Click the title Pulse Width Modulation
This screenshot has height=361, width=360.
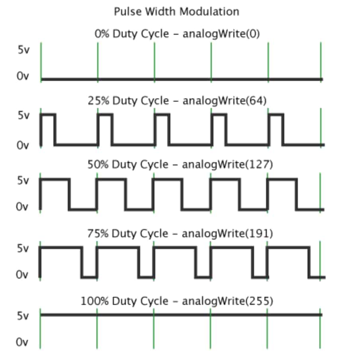coord(176,12)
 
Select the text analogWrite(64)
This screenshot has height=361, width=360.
coord(225,101)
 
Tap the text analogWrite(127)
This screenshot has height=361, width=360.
coord(227,165)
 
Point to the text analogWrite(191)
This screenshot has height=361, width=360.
coord(227,233)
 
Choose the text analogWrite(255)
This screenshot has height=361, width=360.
coord(227,301)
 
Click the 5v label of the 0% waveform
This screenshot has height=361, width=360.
coord(23,50)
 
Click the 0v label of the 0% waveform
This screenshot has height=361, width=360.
coord(23,76)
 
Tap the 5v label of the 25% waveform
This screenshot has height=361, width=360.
coord(23,115)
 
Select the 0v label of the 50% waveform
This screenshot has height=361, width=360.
coord(22,206)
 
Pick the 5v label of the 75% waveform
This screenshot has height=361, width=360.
coord(23,248)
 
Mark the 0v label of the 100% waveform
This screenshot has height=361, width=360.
coord(22,342)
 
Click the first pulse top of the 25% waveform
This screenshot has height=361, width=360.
coord(48,114)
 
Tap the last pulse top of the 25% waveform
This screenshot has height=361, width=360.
coord(276,114)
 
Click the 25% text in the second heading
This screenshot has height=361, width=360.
coord(98,101)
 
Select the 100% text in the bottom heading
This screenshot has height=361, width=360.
coord(94,301)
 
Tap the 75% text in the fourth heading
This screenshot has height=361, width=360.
coord(98,233)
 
